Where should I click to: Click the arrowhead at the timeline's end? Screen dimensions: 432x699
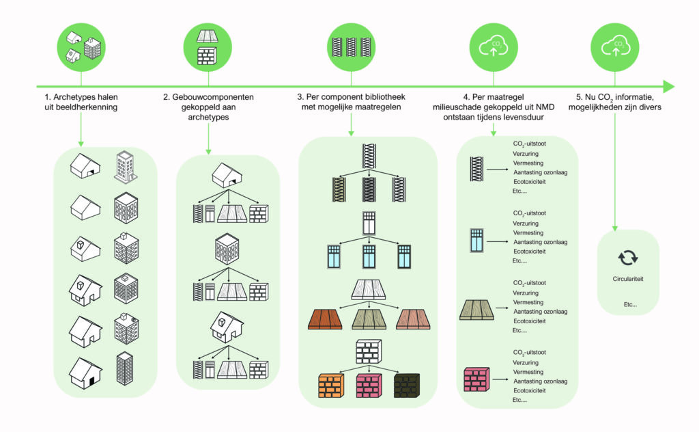[668, 87]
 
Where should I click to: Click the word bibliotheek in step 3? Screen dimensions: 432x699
[380, 98]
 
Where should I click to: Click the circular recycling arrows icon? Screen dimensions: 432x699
[627, 257]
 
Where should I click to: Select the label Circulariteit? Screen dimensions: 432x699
[627, 280]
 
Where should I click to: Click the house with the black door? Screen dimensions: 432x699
[85, 374]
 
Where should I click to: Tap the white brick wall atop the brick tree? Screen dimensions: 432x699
[369, 351]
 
